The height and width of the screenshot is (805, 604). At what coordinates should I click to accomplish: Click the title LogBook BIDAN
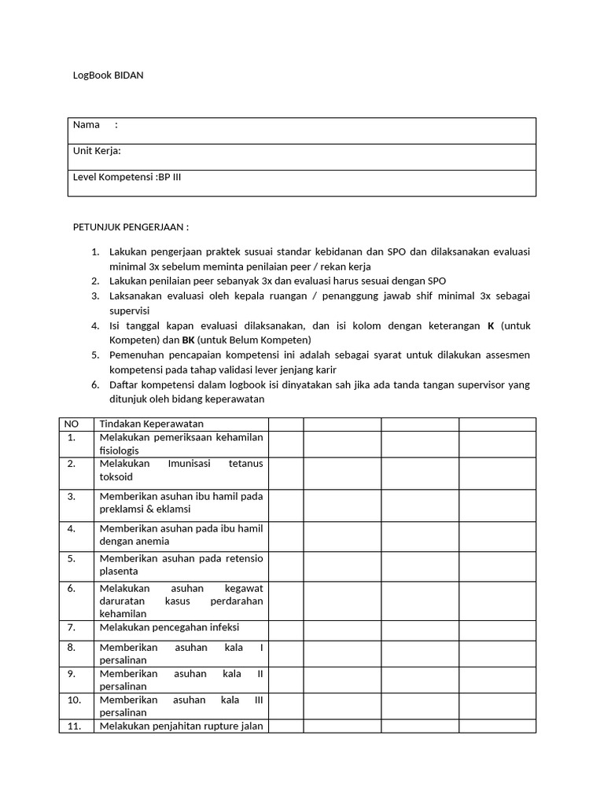[x=109, y=76]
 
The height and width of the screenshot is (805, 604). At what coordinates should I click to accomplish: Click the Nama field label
[x=87, y=125]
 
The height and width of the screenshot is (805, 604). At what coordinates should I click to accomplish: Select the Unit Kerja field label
[x=97, y=151]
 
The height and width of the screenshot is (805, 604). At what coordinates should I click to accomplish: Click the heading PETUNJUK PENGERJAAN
[x=131, y=228]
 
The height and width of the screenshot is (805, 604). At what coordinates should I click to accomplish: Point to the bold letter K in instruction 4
[x=492, y=325]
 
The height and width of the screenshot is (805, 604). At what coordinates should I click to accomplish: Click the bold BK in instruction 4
[x=188, y=340]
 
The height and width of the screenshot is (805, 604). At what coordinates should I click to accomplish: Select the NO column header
[x=71, y=425]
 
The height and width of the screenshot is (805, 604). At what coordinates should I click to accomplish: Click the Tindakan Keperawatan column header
[x=152, y=425]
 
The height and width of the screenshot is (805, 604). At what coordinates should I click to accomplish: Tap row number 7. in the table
[x=71, y=627]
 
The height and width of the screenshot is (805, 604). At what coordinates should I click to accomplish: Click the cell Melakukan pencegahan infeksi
[x=169, y=627]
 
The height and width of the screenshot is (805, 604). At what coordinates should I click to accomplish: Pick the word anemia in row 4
[x=153, y=542]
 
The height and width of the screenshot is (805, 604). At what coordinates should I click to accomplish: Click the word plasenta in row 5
[x=119, y=572]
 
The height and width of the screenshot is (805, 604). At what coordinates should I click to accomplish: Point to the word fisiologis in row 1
[x=119, y=450]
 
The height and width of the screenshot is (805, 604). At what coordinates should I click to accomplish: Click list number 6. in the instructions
[x=94, y=384]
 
